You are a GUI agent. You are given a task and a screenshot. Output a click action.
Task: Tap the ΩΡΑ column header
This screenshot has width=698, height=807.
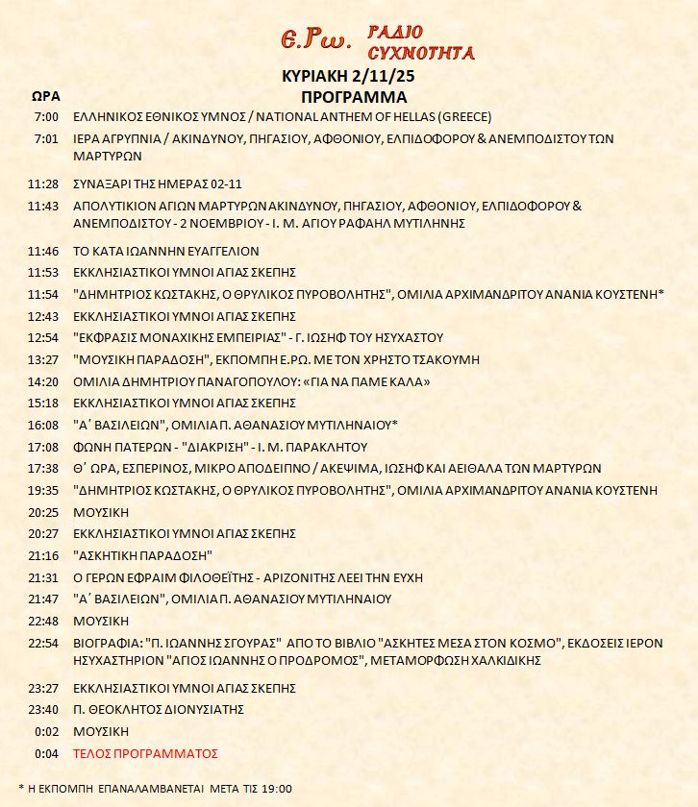pyautogui.click(x=46, y=97)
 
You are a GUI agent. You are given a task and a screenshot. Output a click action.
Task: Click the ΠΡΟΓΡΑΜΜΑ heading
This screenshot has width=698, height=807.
pyautogui.click(x=354, y=97)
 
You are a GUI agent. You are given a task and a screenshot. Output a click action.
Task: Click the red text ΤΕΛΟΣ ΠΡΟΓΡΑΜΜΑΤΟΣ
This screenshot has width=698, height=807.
pyautogui.click(x=146, y=753)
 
